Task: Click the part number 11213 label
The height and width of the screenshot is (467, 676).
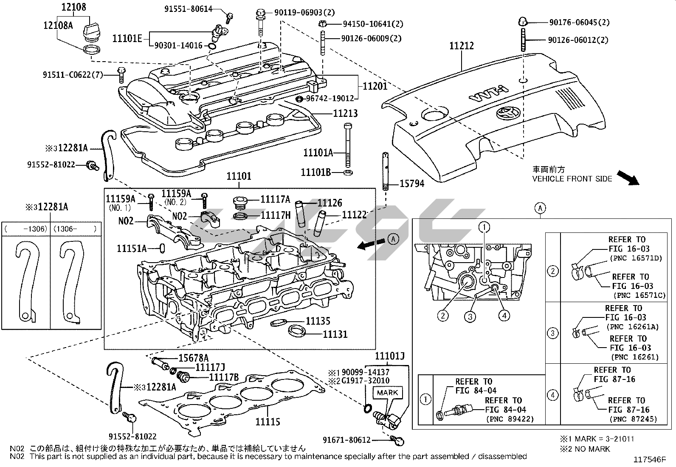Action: click(345, 113)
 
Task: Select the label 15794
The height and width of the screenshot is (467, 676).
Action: click(412, 184)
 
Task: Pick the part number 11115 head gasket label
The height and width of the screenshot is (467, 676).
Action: click(268, 422)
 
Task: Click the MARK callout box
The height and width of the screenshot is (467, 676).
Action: click(387, 392)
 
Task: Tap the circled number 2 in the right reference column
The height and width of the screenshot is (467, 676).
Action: click(552, 271)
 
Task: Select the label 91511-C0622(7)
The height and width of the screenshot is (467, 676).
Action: click(73, 75)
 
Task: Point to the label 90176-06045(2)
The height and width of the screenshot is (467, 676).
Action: click(579, 23)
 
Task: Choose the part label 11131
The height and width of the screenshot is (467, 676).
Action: click(335, 334)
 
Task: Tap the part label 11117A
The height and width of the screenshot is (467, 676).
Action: click(275, 199)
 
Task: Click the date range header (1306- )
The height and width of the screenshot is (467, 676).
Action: click(75, 229)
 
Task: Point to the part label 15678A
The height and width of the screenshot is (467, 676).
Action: click(193, 358)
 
